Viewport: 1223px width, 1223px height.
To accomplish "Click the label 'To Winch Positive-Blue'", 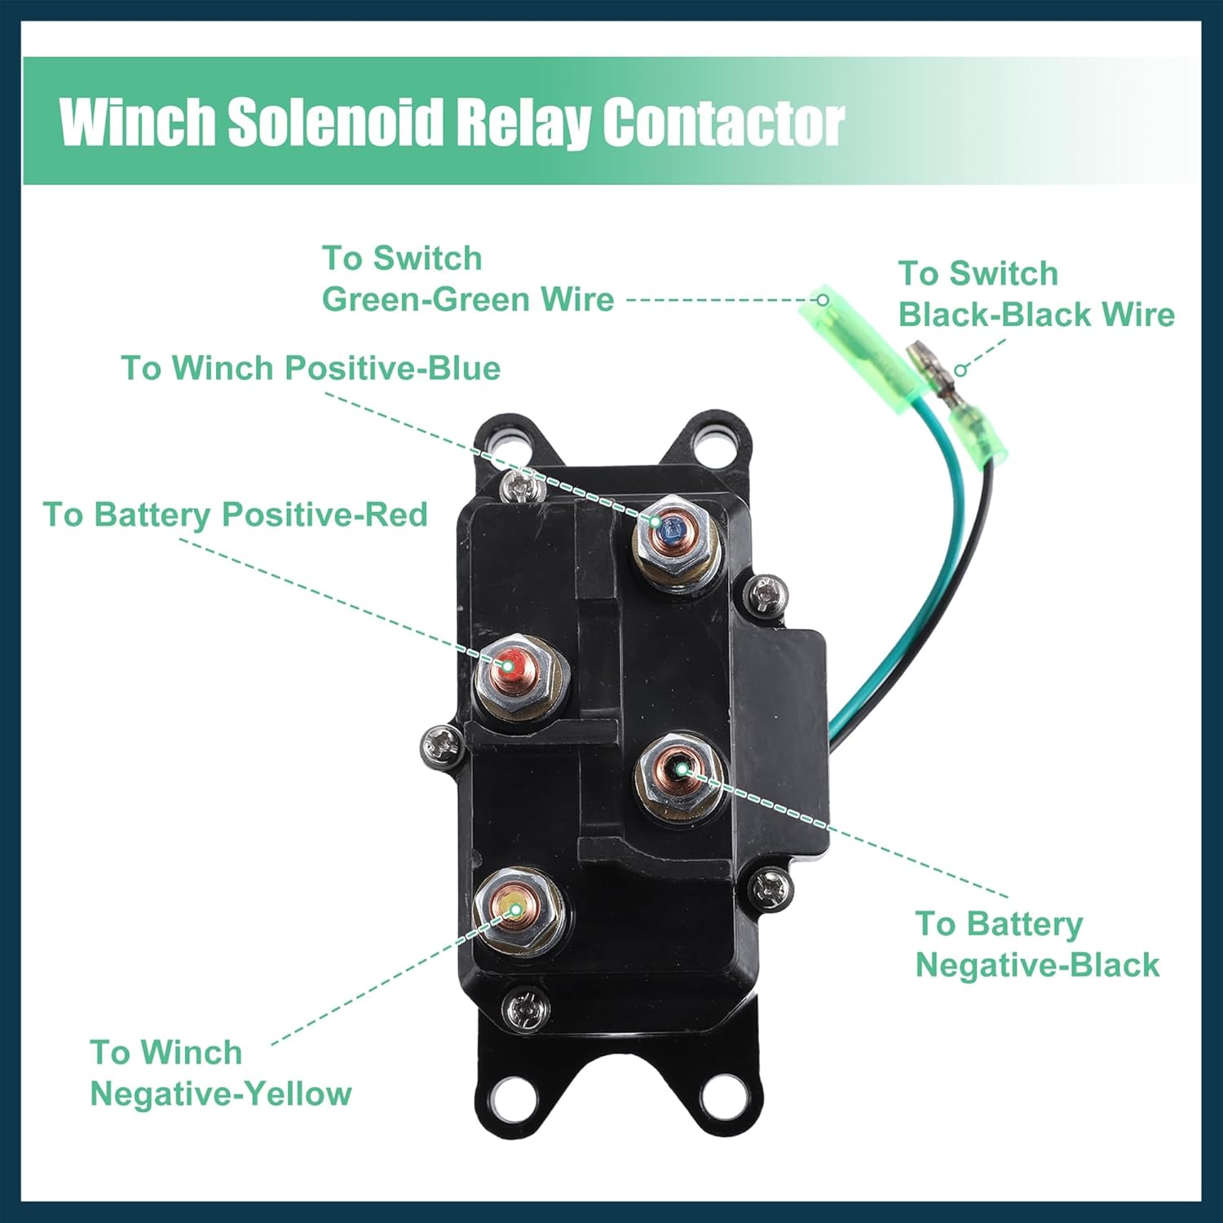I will [x=311, y=369].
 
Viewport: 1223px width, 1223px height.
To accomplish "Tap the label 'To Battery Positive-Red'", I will [x=236, y=515].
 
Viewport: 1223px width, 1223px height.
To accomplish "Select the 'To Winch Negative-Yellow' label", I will [x=220, y=1073].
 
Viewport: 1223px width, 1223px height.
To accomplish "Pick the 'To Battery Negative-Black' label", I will [x=1036, y=944].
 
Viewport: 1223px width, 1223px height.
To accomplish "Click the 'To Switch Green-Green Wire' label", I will [x=467, y=279].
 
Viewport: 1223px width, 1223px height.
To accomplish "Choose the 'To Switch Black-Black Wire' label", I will [x=1036, y=294].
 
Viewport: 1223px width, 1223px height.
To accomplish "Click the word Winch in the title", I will [x=137, y=122].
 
